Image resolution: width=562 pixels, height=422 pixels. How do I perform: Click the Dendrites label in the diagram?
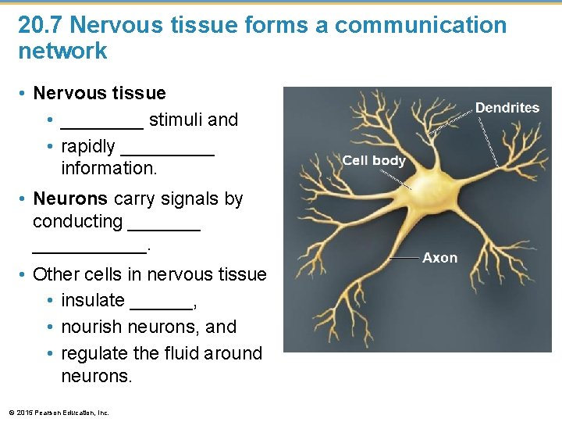[507, 108]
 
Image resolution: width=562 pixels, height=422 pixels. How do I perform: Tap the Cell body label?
[374, 160]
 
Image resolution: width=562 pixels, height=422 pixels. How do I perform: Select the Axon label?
[440, 258]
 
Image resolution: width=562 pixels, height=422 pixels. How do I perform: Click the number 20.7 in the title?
[41, 25]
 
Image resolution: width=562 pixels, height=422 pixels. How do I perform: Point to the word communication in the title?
[420, 25]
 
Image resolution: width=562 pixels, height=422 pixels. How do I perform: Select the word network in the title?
[62, 52]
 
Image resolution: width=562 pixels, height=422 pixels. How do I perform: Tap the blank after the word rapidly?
[168, 147]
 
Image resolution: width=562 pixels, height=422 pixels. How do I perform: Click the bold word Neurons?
[70, 198]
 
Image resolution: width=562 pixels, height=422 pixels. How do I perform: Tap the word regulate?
[94, 353]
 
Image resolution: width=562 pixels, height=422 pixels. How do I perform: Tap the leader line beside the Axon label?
[404, 258]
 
